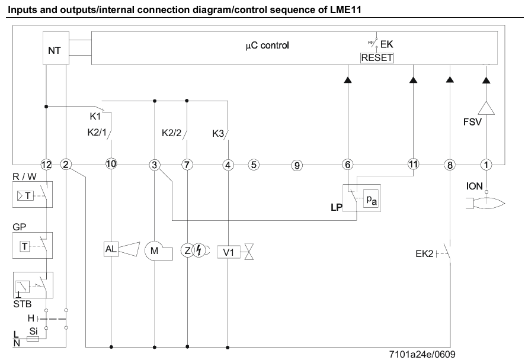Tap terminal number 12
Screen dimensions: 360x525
pos(47,165)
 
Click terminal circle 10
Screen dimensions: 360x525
pos(111,165)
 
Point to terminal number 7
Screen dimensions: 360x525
pos(187,165)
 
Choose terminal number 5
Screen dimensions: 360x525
pos(253,165)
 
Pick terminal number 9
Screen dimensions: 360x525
pos(297,165)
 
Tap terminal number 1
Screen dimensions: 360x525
pos(486,165)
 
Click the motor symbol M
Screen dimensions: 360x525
pos(154,250)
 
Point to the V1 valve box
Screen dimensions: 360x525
pos(229,250)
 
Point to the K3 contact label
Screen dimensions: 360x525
pos(218,133)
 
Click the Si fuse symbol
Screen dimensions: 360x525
pos(34,340)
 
